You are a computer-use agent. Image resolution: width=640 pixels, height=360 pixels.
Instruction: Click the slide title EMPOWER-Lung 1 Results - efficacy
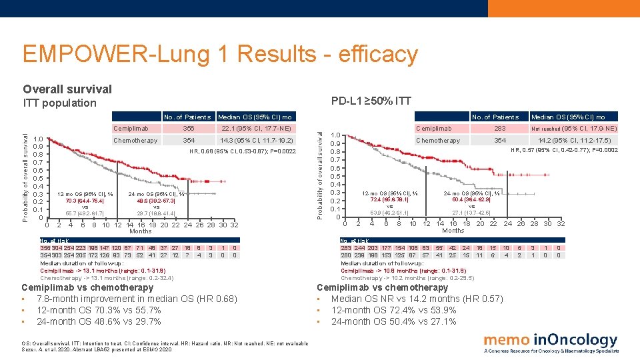coord(220,54)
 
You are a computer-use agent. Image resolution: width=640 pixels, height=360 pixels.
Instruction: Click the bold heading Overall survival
coord(67,89)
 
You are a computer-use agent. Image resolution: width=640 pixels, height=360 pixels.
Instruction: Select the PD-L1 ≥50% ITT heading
coord(371,101)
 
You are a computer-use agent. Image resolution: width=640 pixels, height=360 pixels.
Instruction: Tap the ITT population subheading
coord(60,103)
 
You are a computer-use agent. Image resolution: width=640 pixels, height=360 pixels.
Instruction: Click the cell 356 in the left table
coord(188,128)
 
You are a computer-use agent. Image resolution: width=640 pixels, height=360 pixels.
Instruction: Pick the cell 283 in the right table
coord(499,128)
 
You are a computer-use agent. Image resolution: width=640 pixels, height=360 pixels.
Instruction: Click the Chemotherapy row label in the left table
coord(135,141)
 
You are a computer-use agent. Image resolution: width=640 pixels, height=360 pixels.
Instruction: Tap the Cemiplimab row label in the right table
coord(433,128)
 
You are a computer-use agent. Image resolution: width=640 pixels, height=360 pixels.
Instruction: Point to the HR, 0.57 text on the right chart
coord(564,151)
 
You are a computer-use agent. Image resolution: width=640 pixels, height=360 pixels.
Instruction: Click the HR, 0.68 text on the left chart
coord(243,151)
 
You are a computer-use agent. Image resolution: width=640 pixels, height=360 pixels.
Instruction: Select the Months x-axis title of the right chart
coord(453,231)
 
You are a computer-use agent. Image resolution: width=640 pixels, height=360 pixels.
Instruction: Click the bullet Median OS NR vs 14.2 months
coord(417,299)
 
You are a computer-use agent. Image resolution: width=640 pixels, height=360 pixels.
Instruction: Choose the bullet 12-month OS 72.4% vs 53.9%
coord(393,310)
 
